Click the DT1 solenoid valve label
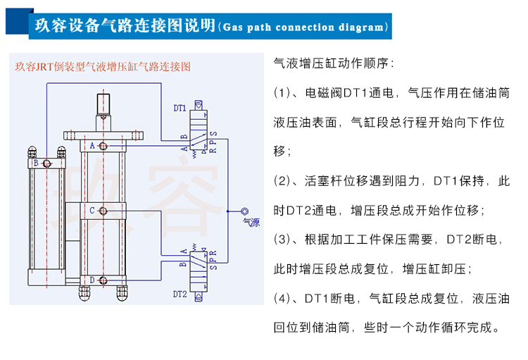click(x=180, y=108)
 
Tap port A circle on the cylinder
click(x=103, y=146)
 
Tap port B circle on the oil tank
click(x=47, y=163)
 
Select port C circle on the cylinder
click(x=103, y=210)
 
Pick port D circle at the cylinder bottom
click(x=103, y=280)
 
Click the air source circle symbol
click(x=244, y=211)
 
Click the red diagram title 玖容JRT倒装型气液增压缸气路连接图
click(x=103, y=68)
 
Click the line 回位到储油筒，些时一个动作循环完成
click(x=387, y=328)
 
